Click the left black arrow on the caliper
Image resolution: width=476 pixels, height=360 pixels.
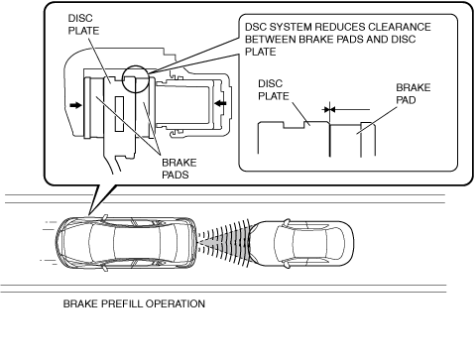76,105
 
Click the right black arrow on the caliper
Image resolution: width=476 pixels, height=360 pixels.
220,103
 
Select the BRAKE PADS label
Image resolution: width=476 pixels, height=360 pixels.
179,169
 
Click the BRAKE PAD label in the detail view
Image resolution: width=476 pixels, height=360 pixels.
414,94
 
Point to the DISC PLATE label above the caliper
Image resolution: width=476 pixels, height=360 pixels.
83,25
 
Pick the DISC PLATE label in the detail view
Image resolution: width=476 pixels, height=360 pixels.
274,90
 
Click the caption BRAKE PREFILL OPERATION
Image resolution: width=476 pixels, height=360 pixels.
134,303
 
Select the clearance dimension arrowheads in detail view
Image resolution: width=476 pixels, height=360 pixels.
329,109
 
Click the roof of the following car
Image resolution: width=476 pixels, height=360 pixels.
137,244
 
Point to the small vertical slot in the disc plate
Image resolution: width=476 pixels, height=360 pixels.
119,114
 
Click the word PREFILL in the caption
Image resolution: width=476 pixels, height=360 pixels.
123,303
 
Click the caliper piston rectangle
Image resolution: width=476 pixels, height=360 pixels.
182,104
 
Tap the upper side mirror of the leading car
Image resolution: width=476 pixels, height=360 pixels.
287,222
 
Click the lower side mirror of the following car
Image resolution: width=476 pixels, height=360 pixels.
104,268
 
